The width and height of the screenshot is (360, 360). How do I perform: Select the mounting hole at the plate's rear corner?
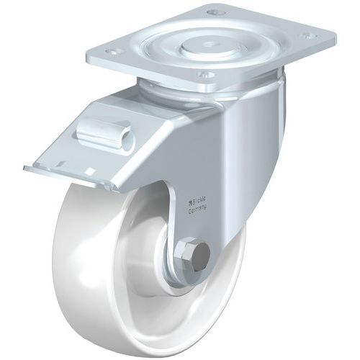[211, 12]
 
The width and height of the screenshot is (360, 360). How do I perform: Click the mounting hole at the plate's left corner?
[113, 53]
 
